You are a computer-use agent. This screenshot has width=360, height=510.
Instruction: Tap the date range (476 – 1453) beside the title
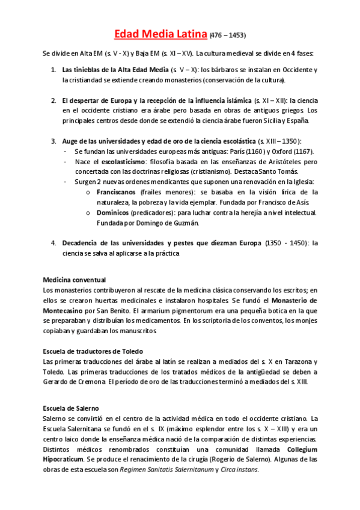click(x=228, y=35)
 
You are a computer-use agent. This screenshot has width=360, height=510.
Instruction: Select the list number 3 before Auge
click(x=53, y=141)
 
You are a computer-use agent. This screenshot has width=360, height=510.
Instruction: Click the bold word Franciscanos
click(x=116, y=192)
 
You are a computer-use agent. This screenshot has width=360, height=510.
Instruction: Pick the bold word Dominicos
click(x=112, y=213)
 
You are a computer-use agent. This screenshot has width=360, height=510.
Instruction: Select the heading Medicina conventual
click(x=75, y=280)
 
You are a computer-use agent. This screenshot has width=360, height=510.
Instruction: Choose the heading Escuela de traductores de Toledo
click(x=93, y=351)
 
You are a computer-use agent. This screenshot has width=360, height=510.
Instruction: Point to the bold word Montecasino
click(x=67, y=310)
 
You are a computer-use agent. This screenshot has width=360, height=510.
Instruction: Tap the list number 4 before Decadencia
click(x=53, y=243)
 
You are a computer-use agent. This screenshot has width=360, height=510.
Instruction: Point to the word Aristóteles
click(x=269, y=162)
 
